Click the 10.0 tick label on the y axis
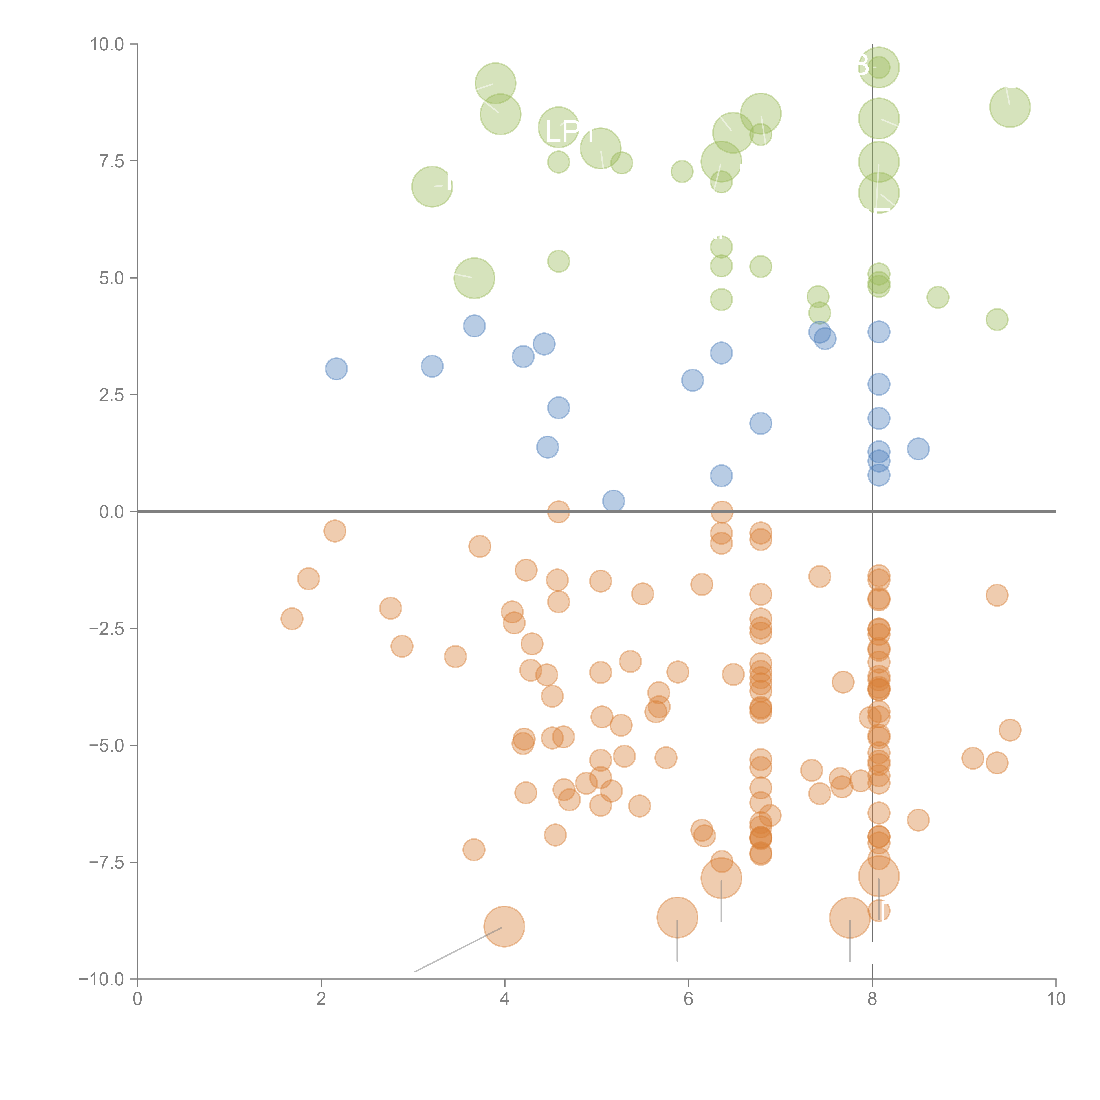(107, 44)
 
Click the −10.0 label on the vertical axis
(103, 979)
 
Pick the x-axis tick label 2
(321, 999)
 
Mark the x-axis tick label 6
(688, 999)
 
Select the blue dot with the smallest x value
(337, 369)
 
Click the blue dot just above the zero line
(613, 501)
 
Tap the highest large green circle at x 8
(878, 68)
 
